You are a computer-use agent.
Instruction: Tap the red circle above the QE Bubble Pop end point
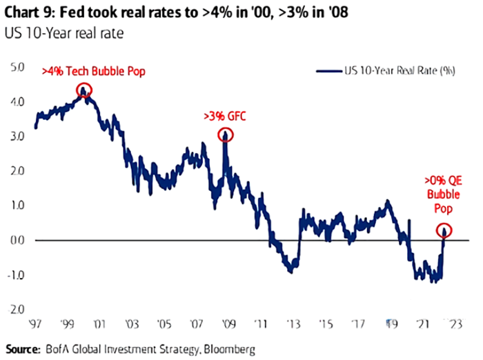pyautogui.click(x=444, y=230)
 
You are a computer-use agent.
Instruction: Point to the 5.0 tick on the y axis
pyautogui.click(x=18, y=67)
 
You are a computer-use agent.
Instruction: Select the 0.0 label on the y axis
pyautogui.click(x=18, y=240)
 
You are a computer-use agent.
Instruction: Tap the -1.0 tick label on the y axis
pyautogui.click(x=18, y=274)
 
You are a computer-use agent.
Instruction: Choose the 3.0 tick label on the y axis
pyautogui.click(x=18, y=137)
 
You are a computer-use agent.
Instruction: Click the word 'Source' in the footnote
pyautogui.click(x=23, y=348)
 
